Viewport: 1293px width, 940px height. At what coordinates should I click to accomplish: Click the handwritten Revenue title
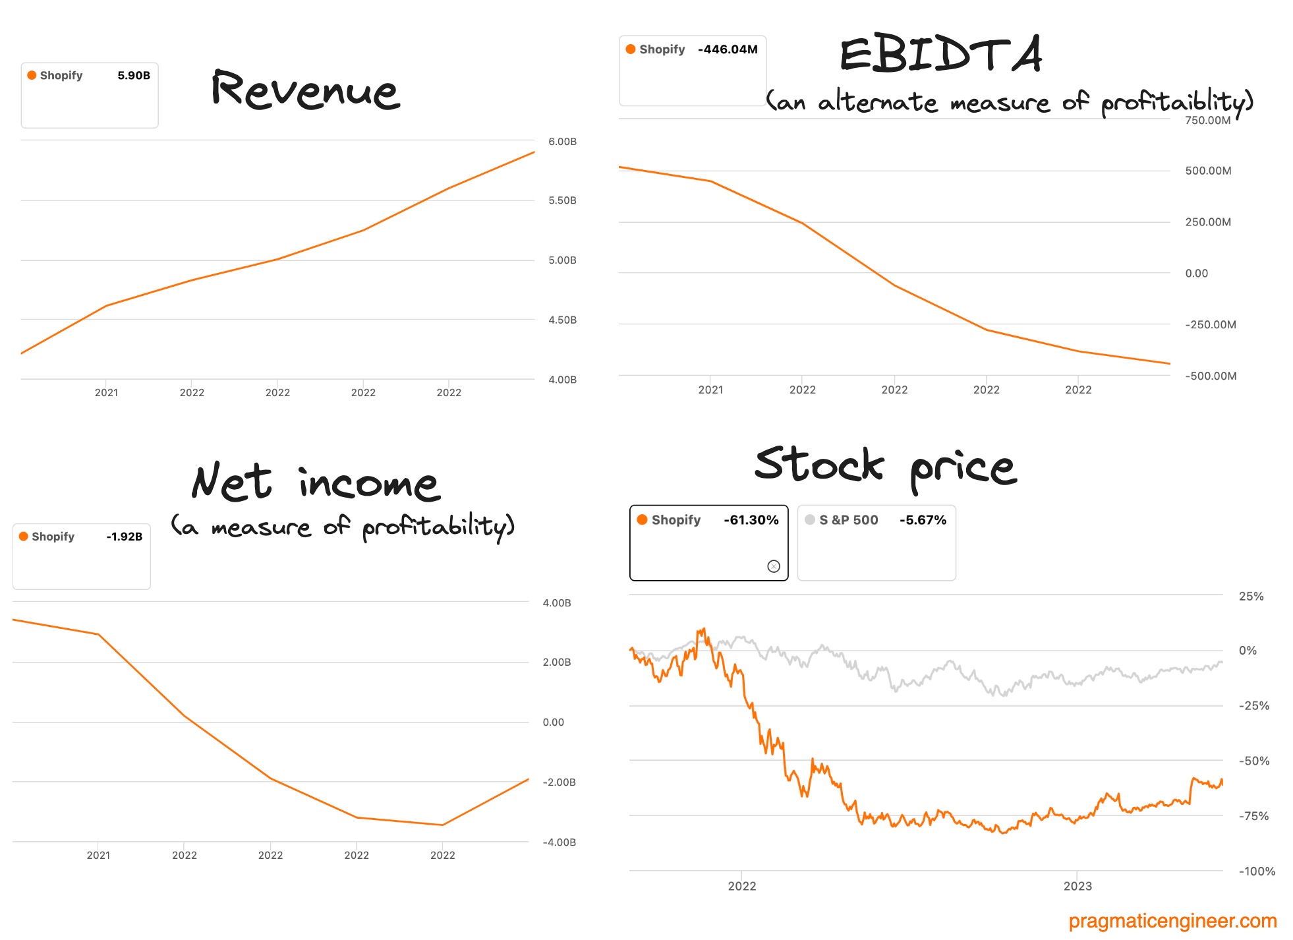tap(305, 90)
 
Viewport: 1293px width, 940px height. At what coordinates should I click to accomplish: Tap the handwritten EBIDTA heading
tap(941, 55)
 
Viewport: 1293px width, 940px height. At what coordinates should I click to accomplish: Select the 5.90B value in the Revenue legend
tap(134, 75)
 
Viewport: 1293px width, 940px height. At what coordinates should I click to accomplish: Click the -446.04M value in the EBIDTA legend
tap(728, 49)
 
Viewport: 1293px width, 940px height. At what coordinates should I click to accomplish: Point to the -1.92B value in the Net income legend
tap(124, 537)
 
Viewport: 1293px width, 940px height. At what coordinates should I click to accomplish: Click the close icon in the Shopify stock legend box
tap(774, 566)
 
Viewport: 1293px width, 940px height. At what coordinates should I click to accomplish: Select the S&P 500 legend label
tap(848, 520)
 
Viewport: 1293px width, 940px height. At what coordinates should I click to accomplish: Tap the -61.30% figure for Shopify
tap(751, 520)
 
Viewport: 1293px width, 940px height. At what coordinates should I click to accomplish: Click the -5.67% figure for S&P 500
tap(923, 520)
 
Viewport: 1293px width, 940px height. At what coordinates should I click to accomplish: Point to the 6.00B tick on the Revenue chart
tap(562, 142)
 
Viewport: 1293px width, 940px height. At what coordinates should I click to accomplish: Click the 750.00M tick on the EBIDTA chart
tap(1207, 120)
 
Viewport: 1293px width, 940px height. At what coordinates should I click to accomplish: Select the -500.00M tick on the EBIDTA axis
tap(1210, 376)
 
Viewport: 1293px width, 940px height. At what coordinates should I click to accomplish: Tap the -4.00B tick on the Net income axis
tap(559, 842)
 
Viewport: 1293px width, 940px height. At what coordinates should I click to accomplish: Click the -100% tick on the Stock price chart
tap(1257, 871)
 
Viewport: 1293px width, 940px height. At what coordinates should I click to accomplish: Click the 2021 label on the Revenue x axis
tap(106, 393)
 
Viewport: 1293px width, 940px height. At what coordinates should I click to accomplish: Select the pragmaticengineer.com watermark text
tap(1172, 921)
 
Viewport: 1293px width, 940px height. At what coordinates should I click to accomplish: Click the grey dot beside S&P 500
tap(810, 519)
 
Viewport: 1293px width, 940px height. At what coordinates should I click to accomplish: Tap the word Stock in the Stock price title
tap(819, 464)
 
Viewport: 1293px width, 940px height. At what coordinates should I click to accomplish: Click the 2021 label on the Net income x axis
tap(98, 856)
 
